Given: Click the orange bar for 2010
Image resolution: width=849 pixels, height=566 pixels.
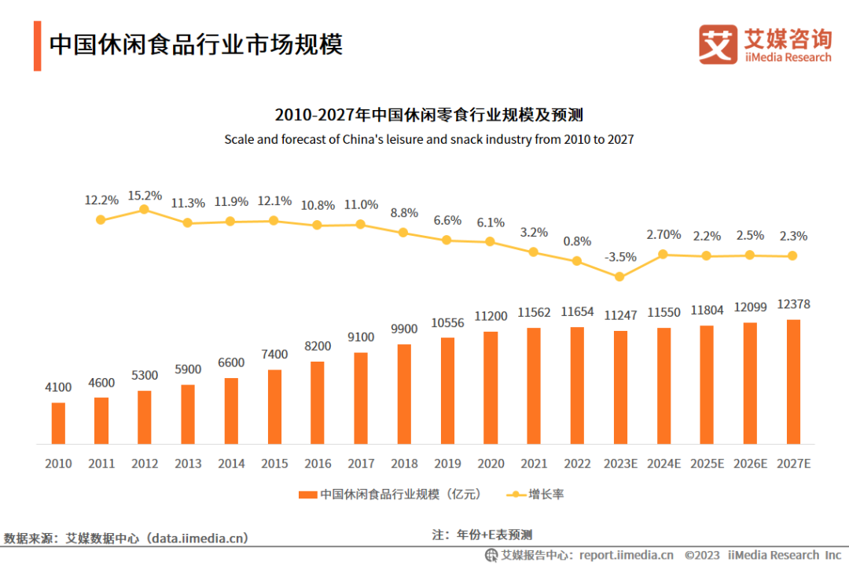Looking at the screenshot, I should point(58,423).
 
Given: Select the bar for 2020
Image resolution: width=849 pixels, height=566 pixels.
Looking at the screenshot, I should point(491,388).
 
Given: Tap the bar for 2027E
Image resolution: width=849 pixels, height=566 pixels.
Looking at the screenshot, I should point(792,381).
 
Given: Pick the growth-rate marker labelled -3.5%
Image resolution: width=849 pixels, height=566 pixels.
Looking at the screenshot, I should point(619,277).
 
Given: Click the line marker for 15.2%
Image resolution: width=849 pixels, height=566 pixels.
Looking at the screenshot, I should point(144,209).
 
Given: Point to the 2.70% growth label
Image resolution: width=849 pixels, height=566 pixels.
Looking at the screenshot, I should point(663,234).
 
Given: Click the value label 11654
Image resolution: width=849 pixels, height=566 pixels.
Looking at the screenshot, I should point(577,312).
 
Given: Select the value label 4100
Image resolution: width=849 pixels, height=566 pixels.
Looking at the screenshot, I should point(58,387).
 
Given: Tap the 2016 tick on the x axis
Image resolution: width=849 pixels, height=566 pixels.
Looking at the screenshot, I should point(318,464).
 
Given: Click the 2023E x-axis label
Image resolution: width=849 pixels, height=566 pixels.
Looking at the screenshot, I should point(619,464).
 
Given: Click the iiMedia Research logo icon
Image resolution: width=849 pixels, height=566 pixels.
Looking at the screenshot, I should point(718,44).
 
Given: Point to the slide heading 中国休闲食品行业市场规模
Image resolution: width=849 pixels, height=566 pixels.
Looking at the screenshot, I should point(196,44).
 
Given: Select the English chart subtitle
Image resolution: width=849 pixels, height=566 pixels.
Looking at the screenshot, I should point(428,139).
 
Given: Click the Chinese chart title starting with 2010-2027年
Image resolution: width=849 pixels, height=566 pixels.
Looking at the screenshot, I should point(428,115).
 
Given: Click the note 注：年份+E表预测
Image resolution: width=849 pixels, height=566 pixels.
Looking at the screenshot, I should point(482,535).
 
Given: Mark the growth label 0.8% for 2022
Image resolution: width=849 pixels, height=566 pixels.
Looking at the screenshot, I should point(577,241).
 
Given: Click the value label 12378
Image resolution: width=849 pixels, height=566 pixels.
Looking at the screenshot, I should point(792,304).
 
